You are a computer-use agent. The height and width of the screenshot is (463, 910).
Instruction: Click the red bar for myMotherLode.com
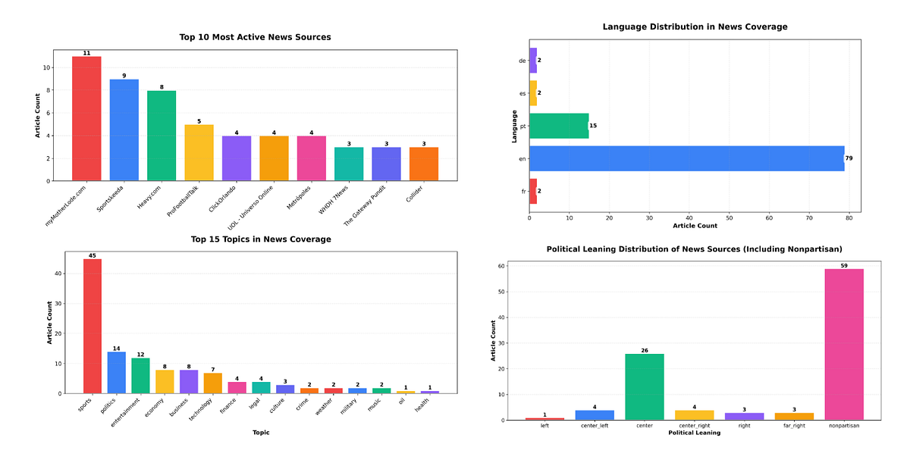(86, 119)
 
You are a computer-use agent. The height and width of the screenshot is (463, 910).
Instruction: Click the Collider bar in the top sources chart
(424, 164)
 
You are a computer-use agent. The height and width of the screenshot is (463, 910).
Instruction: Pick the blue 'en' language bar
(686, 158)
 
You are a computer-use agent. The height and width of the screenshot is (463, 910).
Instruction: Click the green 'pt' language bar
(559, 126)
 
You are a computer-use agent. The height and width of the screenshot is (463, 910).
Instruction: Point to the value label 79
(850, 158)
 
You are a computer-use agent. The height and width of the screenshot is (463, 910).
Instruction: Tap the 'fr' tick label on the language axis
(523, 192)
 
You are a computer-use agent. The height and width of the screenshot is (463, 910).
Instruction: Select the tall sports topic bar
(93, 327)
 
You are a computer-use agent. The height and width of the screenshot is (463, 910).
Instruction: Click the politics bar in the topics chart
(117, 373)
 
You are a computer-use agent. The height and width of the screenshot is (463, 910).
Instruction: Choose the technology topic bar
(213, 383)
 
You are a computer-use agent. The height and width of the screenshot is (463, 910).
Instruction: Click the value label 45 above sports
(93, 255)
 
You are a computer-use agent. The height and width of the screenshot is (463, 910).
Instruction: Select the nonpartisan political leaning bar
(844, 344)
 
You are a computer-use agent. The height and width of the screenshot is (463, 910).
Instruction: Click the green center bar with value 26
(645, 386)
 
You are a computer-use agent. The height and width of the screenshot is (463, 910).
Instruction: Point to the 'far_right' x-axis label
(793, 427)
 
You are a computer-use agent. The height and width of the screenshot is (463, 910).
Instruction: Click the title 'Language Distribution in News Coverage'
(695, 27)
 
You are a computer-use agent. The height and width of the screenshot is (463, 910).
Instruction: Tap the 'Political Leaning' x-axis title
(695, 433)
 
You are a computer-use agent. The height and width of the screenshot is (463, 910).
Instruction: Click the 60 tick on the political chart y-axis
(501, 266)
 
